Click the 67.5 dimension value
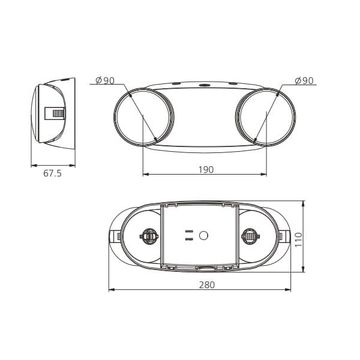coord(53,173)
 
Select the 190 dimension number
coord(205,170)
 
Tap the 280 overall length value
coord(206,285)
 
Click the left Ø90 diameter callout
coord(105,80)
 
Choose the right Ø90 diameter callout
coord(304,80)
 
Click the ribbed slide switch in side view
coord(58,113)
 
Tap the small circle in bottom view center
coord(203,235)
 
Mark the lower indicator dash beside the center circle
coord(188,239)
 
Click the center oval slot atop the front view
coord(205,85)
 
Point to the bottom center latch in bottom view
coord(204,269)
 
